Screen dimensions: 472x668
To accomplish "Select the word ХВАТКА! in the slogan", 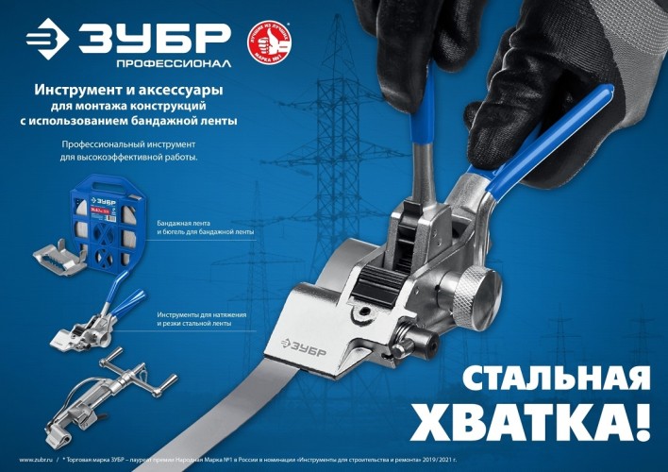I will pos(548,417).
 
